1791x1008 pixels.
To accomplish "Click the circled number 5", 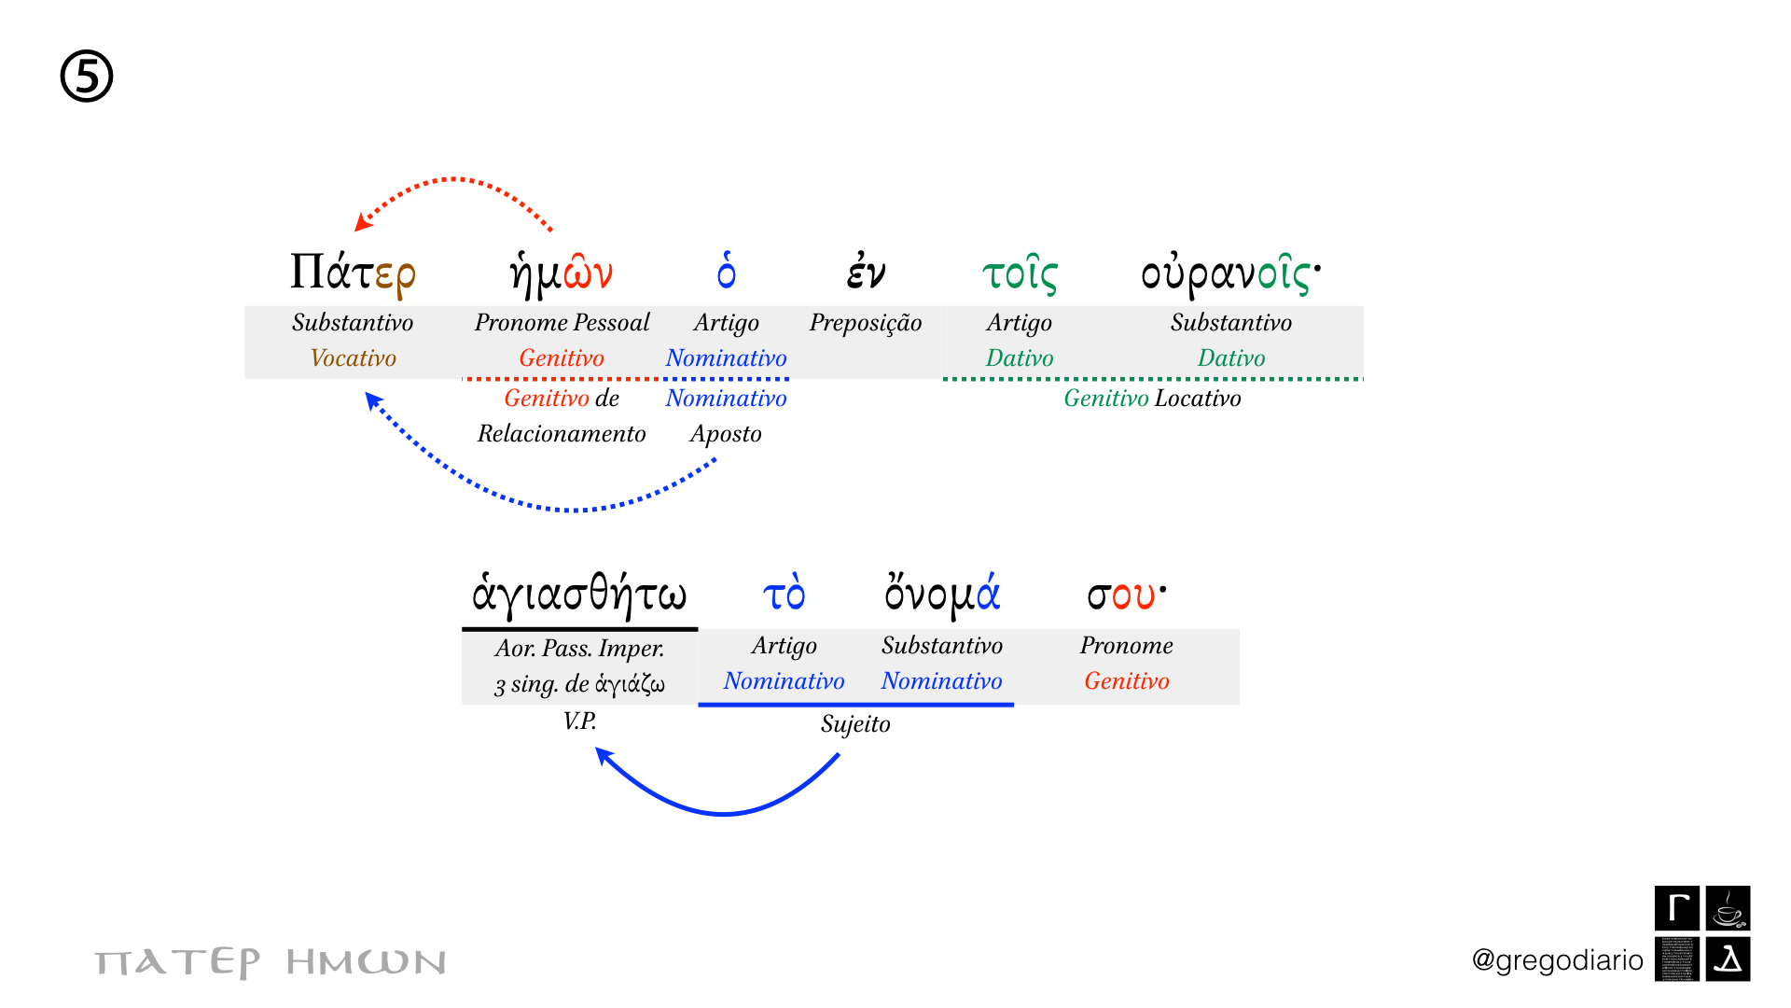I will [x=87, y=77].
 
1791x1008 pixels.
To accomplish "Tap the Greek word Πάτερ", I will [x=353, y=273].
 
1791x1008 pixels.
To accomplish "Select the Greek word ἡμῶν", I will [x=562, y=273].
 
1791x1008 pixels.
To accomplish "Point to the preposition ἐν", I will [x=866, y=273].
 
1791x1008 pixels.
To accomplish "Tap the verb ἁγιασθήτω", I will [x=579, y=595].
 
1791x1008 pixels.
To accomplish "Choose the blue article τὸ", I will [x=784, y=595].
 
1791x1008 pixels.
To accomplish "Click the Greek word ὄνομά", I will [x=942, y=595].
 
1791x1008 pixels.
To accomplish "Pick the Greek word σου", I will [x=1126, y=595].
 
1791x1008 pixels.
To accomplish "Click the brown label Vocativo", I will [x=353, y=358].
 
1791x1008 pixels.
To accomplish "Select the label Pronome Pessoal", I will [x=562, y=323].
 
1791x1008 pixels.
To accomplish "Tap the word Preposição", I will [x=866, y=323].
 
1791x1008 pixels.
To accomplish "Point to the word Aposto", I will [x=726, y=434].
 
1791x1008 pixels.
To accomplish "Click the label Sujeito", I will [x=855, y=724].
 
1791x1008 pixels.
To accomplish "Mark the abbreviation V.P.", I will [x=579, y=721].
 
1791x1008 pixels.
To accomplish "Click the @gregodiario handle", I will [x=1557, y=959].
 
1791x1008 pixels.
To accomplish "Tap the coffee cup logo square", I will [x=1729, y=908].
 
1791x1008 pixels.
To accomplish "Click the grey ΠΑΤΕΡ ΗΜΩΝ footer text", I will [x=271, y=962].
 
